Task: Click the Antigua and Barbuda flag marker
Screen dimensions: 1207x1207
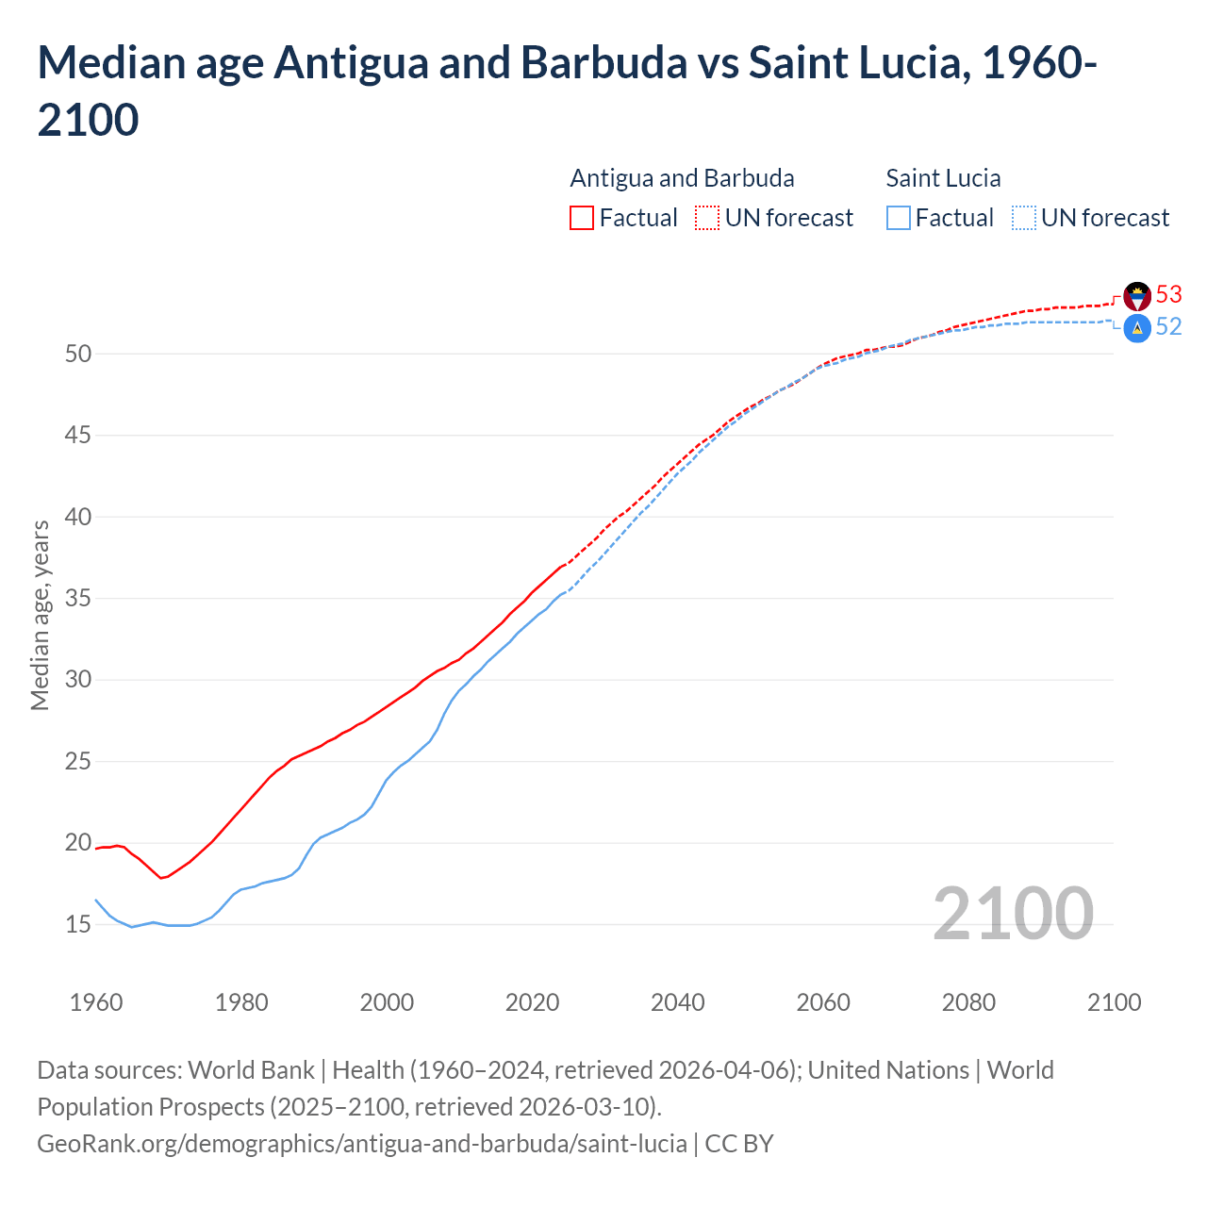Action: point(1137,296)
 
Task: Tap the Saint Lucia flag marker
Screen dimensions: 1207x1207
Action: point(1137,327)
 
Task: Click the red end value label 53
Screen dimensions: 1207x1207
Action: point(1168,295)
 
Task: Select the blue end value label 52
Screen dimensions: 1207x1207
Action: point(1168,326)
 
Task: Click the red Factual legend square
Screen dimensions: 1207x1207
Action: point(582,218)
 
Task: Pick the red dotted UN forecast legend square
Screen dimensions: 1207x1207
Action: point(707,218)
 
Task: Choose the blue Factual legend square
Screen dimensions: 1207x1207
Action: point(898,218)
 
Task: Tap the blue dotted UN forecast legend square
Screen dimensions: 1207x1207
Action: point(1023,218)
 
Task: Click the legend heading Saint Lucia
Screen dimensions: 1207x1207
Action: point(943,178)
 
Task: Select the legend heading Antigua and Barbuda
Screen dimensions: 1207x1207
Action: point(682,178)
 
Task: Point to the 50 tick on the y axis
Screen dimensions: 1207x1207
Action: point(78,355)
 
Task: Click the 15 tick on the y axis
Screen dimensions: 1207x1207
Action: point(78,925)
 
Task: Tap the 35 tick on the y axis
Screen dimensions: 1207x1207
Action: point(78,599)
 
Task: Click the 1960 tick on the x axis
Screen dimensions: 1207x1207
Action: point(96,1002)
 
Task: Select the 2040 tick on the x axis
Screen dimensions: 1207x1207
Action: point(678,1002)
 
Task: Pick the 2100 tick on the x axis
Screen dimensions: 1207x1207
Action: point(1114,1002)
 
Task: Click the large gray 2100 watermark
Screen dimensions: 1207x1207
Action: point(1013,914)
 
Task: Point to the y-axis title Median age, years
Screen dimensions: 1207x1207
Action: point(40,615)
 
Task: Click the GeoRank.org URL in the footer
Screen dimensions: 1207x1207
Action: point(362,1144)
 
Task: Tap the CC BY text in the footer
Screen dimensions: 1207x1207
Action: point(739,1144)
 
